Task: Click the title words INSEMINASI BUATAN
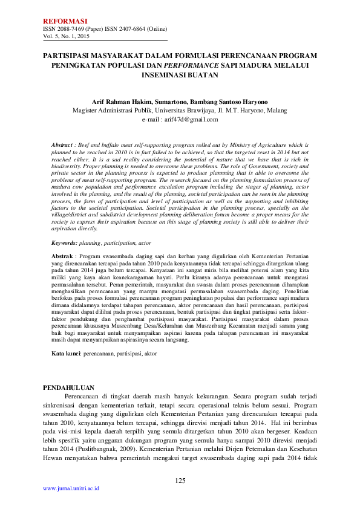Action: pyautogui.click(x=180, y=75)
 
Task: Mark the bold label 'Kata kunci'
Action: pyautogui.click(x=66, y=352)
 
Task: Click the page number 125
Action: pyautogui.click(x=180, y=481)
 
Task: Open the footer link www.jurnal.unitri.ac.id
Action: pyautogui.click(x=71, y=488)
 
